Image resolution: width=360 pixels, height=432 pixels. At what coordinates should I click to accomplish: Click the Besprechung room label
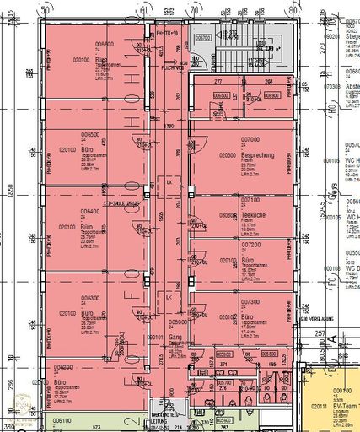coord(256,156)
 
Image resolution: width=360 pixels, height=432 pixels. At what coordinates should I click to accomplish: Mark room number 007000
coord(250,138)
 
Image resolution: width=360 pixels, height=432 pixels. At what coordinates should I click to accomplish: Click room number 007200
coord(250,244)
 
